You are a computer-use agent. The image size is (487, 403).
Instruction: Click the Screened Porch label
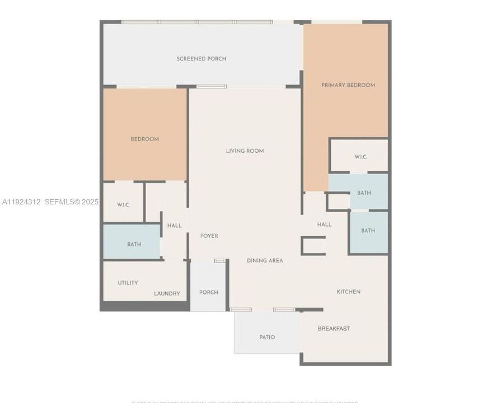(202, 59)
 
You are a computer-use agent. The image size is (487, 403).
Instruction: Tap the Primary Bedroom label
(348, 85)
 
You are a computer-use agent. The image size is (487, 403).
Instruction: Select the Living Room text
(245, 151)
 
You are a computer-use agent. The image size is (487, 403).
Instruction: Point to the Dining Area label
(265, 260)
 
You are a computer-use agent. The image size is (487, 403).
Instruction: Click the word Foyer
(209, 236)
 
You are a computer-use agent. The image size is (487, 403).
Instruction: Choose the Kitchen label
(348, 292)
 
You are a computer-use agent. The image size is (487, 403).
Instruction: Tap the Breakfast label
(334, 329)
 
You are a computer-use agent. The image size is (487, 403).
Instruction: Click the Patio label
(267, 337)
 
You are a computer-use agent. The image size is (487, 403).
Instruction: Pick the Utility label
(128, 283)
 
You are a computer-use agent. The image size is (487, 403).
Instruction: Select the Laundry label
(167, 293)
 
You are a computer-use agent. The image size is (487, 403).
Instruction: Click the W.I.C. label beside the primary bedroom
(360, 157)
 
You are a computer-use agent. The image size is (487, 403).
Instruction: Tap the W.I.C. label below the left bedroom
(124, 205)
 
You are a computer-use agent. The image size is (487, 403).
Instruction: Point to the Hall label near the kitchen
(324, 224)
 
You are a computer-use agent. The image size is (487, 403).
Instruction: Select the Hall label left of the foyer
(174, 226)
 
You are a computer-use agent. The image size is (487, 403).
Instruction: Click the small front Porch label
(209, 292)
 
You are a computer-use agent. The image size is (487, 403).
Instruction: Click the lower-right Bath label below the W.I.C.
(368, 231)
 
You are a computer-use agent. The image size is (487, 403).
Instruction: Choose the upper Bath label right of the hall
(364, 193)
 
